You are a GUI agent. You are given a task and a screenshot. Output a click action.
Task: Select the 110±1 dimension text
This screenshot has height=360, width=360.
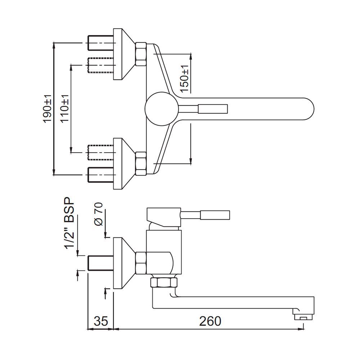tap(65, 109)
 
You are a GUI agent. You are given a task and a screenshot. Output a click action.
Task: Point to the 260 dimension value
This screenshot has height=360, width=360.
tap(210, 321)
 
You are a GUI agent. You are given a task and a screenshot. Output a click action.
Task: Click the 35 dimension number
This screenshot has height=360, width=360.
tap(101, 321)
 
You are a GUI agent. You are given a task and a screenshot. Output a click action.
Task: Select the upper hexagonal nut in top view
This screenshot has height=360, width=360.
tap(141, 54)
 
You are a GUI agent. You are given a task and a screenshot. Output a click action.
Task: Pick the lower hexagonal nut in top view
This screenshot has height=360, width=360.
tap(141, 163)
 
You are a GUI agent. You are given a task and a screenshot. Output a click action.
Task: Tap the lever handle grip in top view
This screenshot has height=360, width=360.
tap(212, 109)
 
